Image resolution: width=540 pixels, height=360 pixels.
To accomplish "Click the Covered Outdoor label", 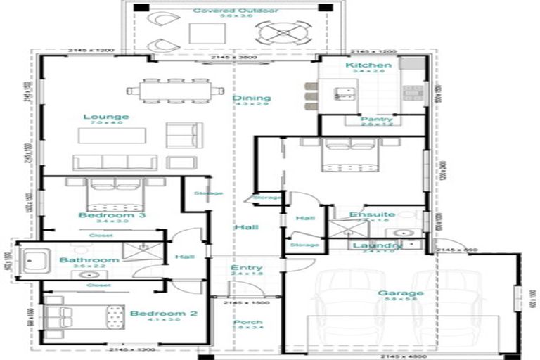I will coord(225,11).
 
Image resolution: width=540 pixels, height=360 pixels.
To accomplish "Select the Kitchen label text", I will coord(364,65).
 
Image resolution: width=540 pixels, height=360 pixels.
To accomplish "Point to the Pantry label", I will coord(377,120).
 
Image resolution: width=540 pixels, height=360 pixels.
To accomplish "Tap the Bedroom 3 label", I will coord(112,215).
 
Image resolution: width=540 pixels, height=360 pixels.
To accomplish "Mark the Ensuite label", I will coord(372,214).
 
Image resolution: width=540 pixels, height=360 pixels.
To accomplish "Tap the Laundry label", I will coord(377,245).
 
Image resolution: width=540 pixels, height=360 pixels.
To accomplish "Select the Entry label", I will coord(246,268).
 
